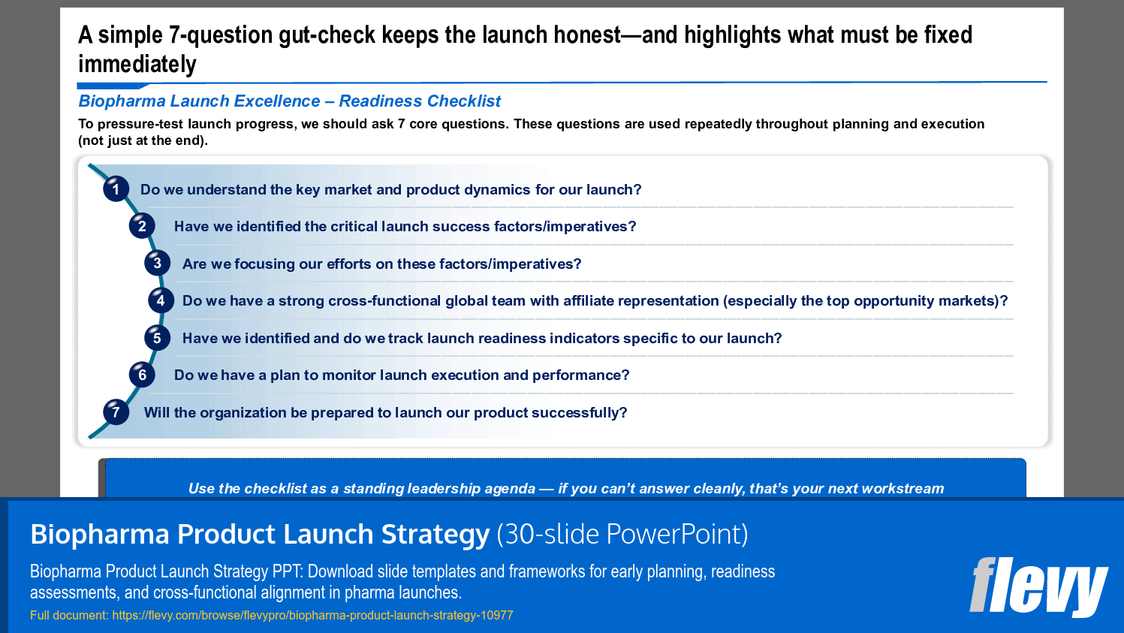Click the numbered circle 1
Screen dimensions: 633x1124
[x=116, y=189]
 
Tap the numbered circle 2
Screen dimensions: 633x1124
[x=142, y=226]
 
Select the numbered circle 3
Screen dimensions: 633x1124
[x=157, y=263]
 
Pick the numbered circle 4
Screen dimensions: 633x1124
[x=161, y=300]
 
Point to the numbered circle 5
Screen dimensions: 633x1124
[x=157, y=338]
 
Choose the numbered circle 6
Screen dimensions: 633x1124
[x=142, y=375]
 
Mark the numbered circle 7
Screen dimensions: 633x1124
[x=116, y=411]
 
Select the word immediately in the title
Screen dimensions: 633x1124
[x=137, y=65]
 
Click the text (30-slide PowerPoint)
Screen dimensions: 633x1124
[x=622, y=534]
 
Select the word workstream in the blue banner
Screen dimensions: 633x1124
[x=903, y=488]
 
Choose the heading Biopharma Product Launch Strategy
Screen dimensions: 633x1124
[x=260, y=534]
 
